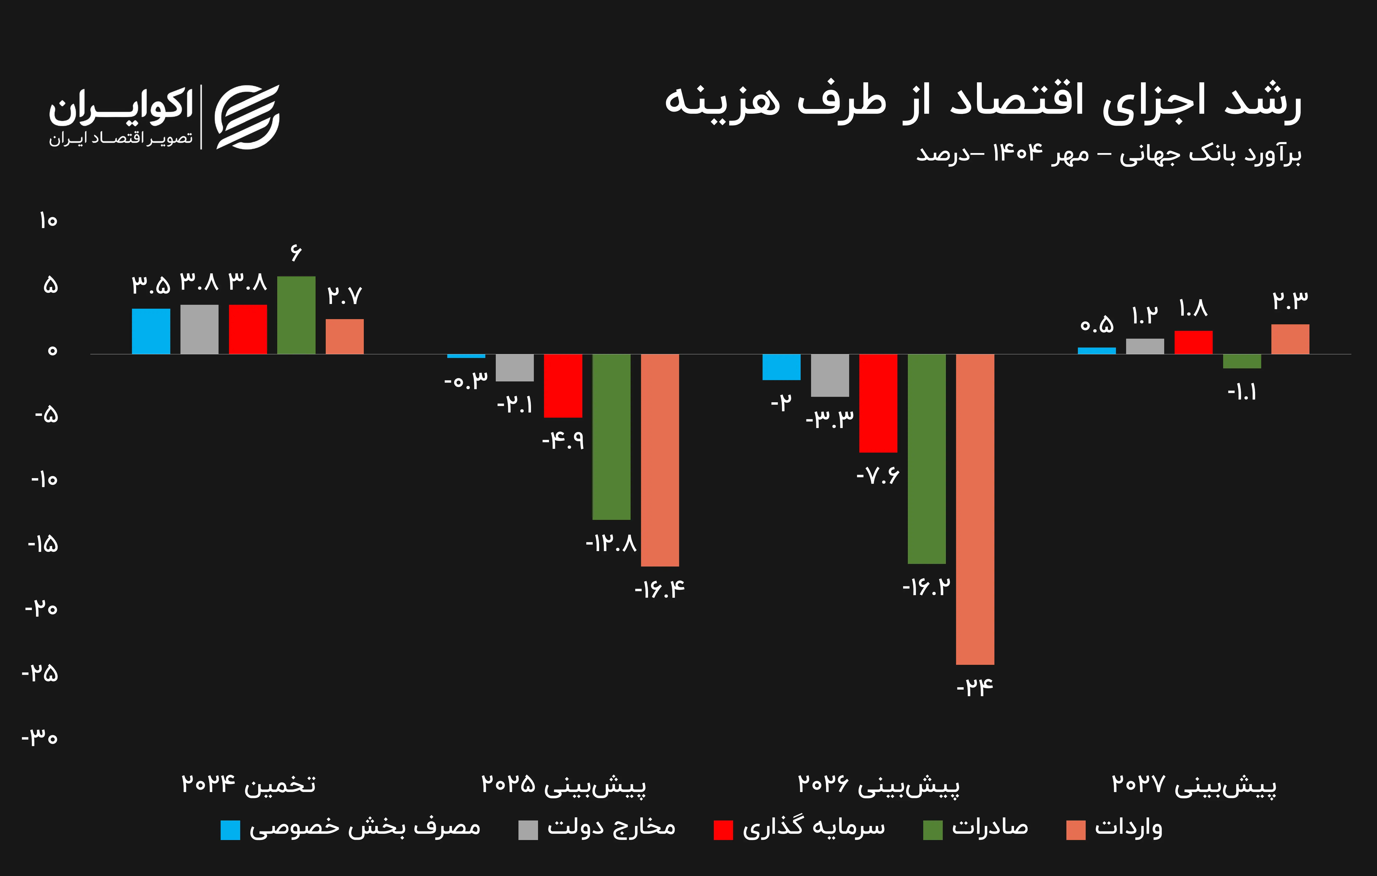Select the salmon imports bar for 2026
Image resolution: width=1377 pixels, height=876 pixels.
975,509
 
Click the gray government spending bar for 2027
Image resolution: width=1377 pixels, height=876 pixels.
1145,346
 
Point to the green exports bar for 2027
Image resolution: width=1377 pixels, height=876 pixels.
1242,361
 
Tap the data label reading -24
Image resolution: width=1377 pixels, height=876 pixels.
975,687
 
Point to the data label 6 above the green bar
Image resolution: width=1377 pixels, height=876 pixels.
296,252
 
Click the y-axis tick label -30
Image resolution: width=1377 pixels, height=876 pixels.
40,738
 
